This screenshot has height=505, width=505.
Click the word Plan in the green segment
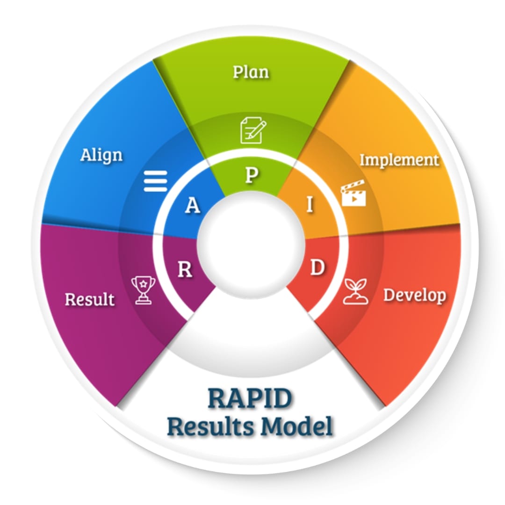click(251, 72)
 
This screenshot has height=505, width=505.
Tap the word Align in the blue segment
click(101, 156)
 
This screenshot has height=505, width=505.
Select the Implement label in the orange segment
click(399, 160)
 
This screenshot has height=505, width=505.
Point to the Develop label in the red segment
click(415, 296)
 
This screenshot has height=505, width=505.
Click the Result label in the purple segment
click(89, 299)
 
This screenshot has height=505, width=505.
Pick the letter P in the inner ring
click(252, 175)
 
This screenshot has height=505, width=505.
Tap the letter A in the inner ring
click(193, 205)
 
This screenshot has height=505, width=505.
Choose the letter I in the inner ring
click(310, 204)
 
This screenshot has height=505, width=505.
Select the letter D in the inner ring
click(317, 267)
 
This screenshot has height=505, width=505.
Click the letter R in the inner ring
click(185, 269)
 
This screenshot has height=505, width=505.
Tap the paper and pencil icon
click(253, 130)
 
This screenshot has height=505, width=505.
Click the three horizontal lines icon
click(155, 181)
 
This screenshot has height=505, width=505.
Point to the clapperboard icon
click(353, 193)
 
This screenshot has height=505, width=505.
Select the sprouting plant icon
click(355, 291)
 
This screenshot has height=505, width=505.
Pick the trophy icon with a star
click(144, 290)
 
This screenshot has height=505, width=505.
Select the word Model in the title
click(296, 426)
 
